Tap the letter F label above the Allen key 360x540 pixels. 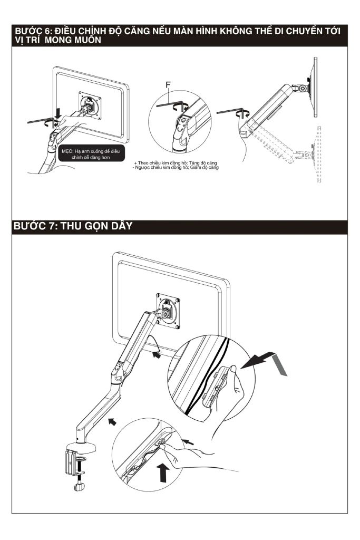point(168,84)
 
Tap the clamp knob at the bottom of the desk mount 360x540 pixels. point(80,487)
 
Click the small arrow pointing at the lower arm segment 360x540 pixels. point(111,420)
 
